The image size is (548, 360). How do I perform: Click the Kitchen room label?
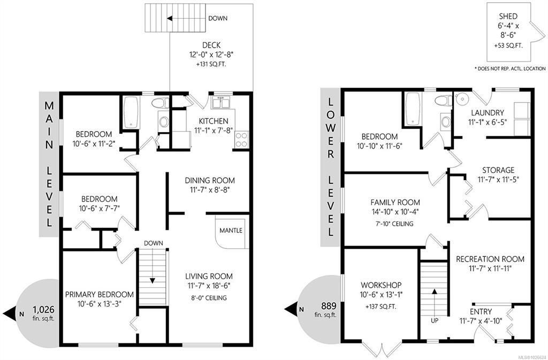tap(213, 121)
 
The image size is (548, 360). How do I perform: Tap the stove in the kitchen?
tap(241, 140)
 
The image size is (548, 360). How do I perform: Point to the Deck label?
tap(211, 45)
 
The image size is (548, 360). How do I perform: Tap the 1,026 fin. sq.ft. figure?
tap(44, 313)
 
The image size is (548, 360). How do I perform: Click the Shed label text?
tap(508, 17)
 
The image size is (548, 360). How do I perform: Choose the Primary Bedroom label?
tap(99, 294)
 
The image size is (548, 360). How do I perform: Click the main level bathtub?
tap(132, 112)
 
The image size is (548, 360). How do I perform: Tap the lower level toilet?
tap(443, 100)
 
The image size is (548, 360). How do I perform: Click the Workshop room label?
tap(381, 285)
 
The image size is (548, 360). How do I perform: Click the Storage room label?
tap(498, 170)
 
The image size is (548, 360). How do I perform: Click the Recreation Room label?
tap(490, 259)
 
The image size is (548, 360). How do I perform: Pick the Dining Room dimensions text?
tap(210, 190)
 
